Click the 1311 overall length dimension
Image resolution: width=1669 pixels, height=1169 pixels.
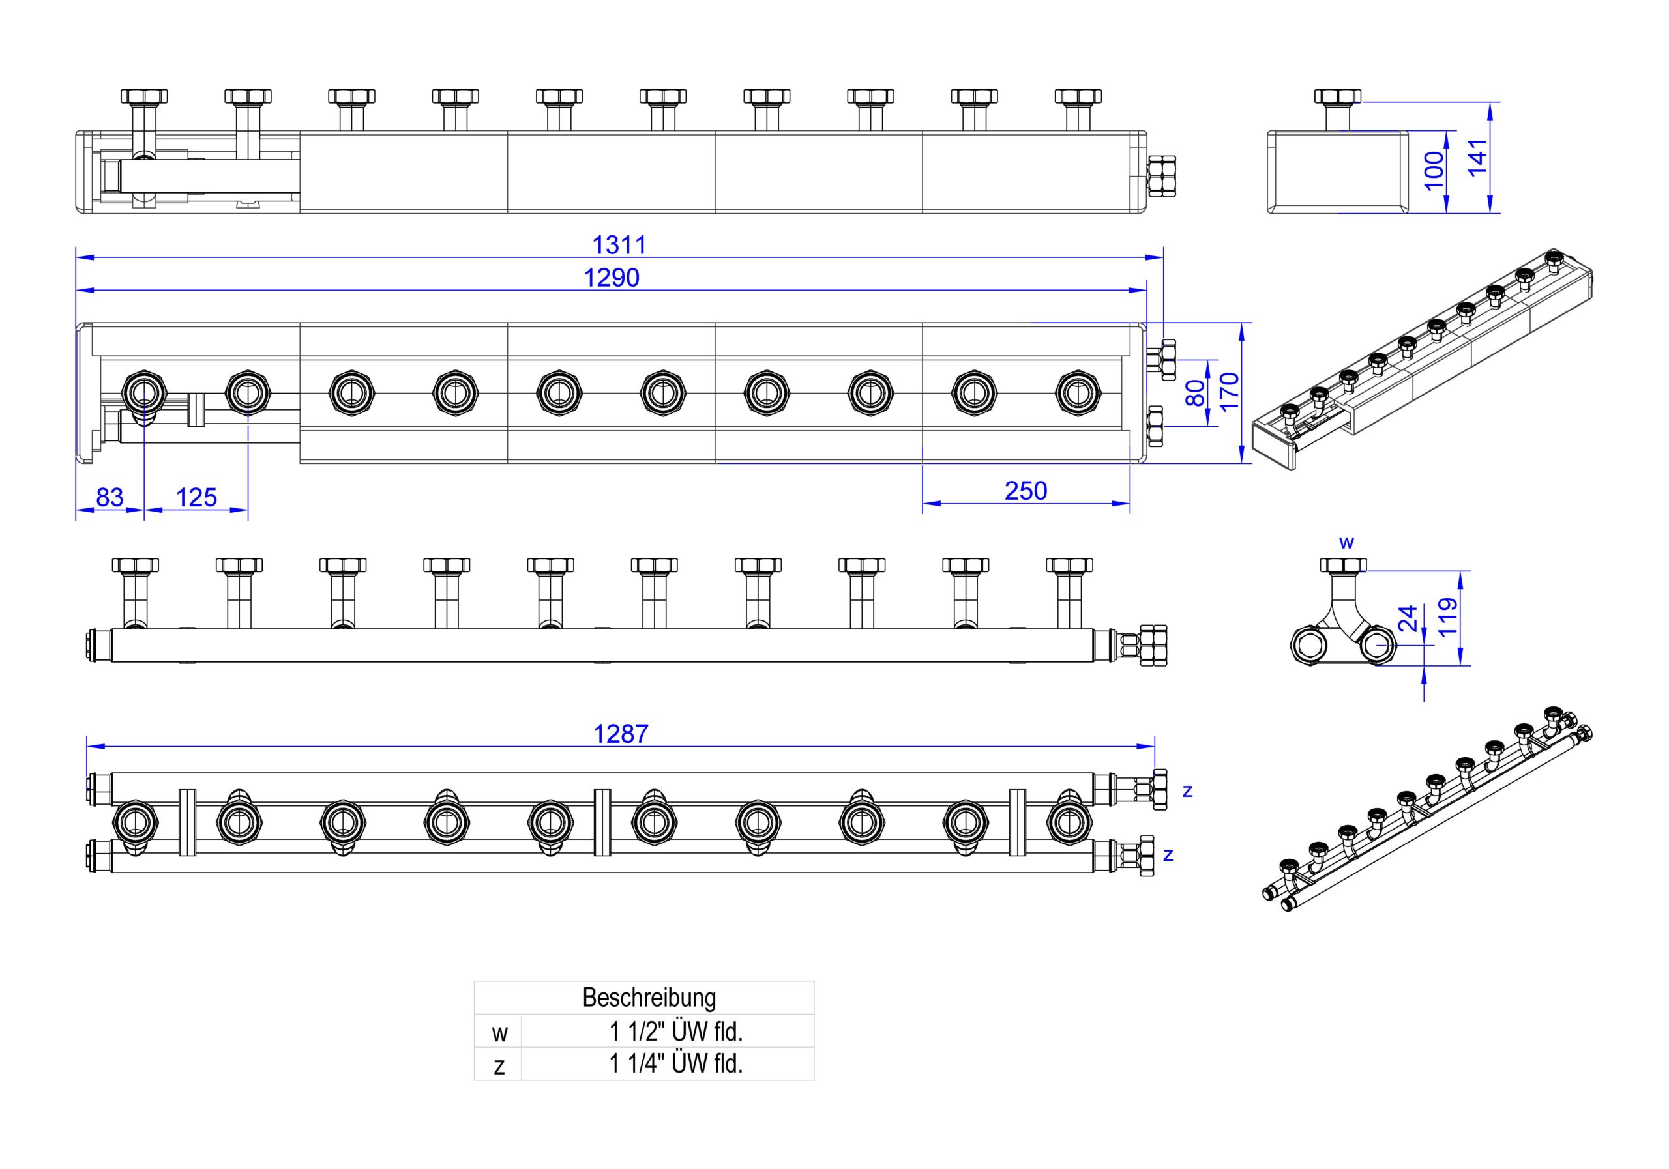coord(619,245)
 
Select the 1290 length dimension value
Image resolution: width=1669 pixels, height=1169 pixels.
coord(612,278)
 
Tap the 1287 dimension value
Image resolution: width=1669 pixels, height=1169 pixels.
coord(621,734)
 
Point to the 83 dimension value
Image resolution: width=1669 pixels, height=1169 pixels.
coord(110,497)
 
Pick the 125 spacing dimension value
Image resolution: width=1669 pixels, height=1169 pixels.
coord(196,497)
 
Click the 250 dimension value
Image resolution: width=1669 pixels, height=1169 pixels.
coord(1026,491)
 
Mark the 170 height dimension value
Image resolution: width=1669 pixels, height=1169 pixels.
coord(1228,392)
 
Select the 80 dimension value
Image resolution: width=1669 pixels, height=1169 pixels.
coord(1195,393)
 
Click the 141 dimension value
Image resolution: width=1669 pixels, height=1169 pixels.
coord(1478,157)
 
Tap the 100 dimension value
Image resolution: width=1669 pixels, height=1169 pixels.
coord(1434,171)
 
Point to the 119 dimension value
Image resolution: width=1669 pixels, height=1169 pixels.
coord(1448,617)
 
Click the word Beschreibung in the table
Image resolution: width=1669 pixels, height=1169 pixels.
coord(649,998)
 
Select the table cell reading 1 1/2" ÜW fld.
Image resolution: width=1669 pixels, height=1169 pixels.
coord(676,1031)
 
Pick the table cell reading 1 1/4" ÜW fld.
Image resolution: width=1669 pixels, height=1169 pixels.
coord(676,1063)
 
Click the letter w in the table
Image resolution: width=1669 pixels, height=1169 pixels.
coord(499,1033)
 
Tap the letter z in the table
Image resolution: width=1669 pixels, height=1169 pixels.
coord(499,1066)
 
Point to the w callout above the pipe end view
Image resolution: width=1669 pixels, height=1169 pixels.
coord(1346,542)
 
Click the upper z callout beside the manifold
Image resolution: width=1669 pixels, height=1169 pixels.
coord(1187,790)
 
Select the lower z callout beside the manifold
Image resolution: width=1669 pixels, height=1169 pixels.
coord(1168,855)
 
